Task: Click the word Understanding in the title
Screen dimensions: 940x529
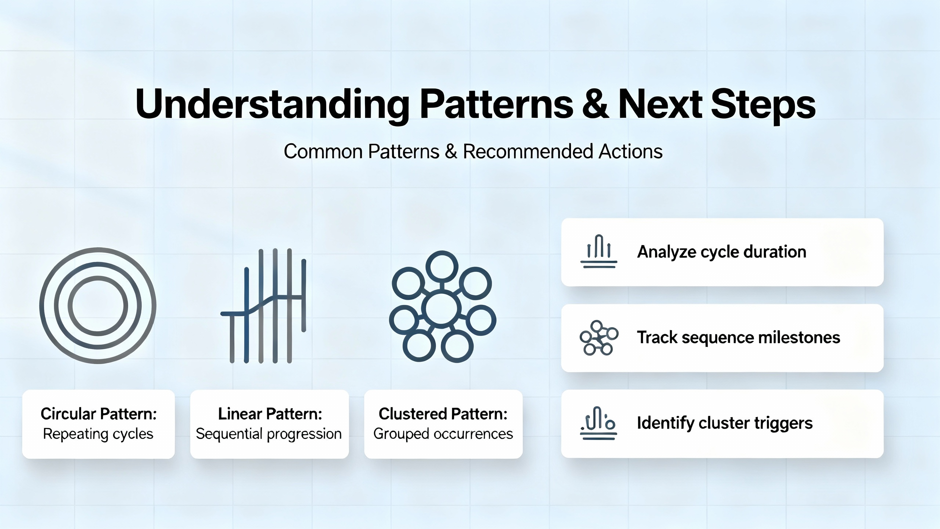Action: (x=272, y=105)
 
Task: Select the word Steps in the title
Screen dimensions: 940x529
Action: (x=763, y=105)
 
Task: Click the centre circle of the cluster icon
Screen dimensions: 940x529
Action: (x=441, y=308)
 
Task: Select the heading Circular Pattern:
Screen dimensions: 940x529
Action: (x=99, y=414)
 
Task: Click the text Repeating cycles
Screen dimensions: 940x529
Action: (x=98, y=434)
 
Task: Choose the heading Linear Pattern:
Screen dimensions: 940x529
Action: (x=270, y=414)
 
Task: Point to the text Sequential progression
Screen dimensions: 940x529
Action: (x=269, y=434)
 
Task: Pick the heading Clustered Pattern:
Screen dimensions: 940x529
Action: (x=443, y=414)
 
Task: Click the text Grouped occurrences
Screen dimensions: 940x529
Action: (x=443, y=434)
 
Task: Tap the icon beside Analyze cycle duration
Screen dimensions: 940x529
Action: (x=599, y=251)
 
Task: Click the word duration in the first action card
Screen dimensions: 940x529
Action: (x=775, y=252)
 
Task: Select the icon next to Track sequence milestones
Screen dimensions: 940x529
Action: (x=599, y=338)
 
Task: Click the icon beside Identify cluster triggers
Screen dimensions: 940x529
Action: (x=599, y=424)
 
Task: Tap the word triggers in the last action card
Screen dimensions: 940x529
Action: (x=784, y=424)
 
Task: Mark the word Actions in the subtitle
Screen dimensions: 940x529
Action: (x=630, y=151)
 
